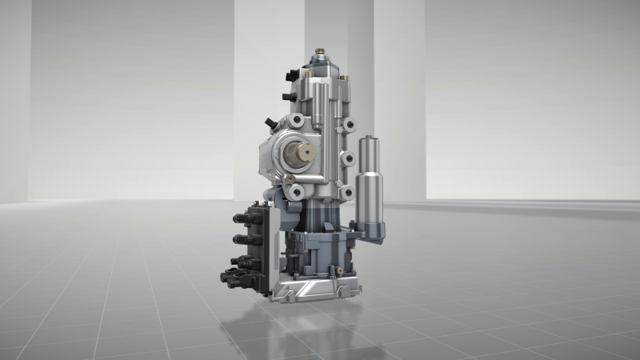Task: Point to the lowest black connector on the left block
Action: tap(233, 278)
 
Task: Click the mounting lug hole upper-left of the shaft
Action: tap(297, 120)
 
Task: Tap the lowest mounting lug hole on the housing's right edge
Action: tap(346, 192)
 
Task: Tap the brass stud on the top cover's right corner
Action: tap(343, 77)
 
